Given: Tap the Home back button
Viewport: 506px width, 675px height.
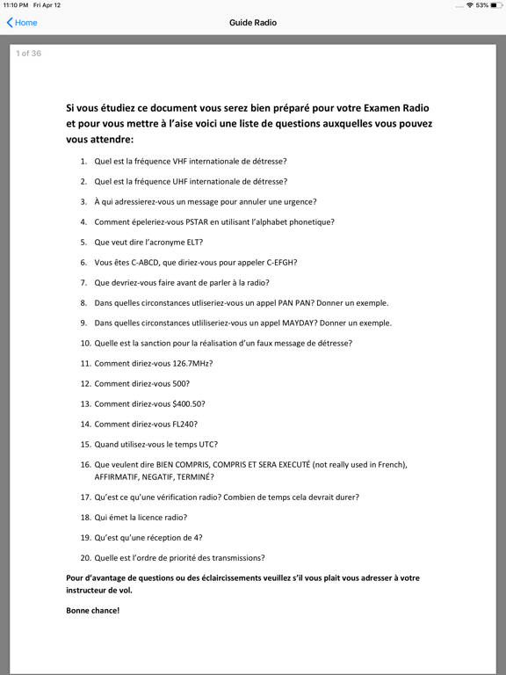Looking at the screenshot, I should [22, 23].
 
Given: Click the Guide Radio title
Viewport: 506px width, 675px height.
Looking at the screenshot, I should [253, 23].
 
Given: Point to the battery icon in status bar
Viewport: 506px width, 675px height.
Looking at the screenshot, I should [495, 5].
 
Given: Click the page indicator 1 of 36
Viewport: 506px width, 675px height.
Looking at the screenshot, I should [29, 54].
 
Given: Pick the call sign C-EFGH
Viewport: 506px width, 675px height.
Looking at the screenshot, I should [279, 262].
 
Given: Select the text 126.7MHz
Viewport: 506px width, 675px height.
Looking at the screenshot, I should [193, 363].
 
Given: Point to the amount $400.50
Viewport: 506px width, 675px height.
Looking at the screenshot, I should [188, 404].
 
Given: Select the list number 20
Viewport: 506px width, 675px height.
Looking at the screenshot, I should [85, 558].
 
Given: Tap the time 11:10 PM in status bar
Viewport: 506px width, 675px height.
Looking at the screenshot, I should [15, 5].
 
